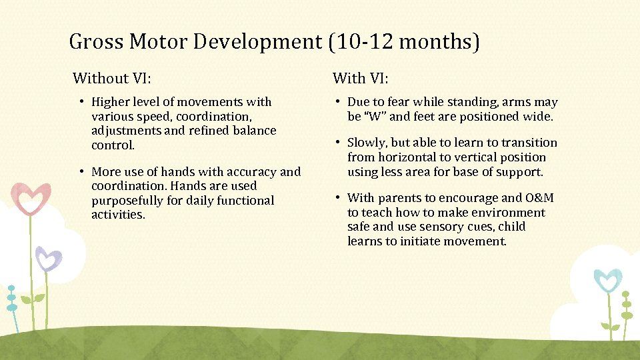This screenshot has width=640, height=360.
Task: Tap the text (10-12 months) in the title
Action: [403, 42]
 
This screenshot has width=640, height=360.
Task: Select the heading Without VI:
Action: [112, 79]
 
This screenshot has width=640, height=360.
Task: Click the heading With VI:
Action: [361, 79]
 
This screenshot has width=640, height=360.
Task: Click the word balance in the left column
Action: [255, 131]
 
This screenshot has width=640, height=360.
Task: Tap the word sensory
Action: [438, 227]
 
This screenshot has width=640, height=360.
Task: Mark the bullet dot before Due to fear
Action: [339, 102]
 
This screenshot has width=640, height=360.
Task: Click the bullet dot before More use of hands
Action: [83, 172]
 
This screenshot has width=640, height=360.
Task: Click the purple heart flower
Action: [48, 258]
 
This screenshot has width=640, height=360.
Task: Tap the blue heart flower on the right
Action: [607, 281]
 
